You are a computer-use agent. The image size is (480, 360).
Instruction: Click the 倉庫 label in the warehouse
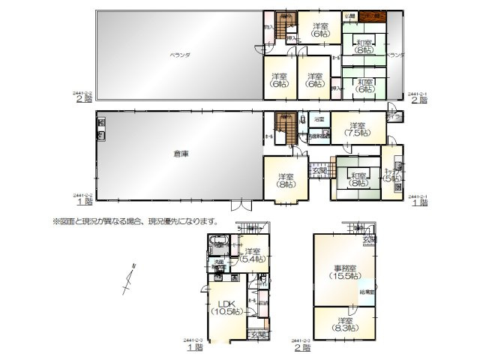click(x=180, y=154)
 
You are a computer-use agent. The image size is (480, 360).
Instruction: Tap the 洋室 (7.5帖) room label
click(x=355, y=128)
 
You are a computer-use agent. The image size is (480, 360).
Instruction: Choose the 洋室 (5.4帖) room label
click(x=251, y=255)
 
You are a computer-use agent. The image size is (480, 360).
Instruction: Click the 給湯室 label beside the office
click(x=367, y=291)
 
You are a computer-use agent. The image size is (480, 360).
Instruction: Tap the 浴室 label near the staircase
click(x=319, y=119)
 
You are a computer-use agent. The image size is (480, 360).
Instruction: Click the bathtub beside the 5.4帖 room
click(x=218, y=242)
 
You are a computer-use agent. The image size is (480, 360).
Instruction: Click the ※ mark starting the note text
click(x=55, y=221)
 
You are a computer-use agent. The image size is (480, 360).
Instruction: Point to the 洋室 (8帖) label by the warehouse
click(x=286, y=180)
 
